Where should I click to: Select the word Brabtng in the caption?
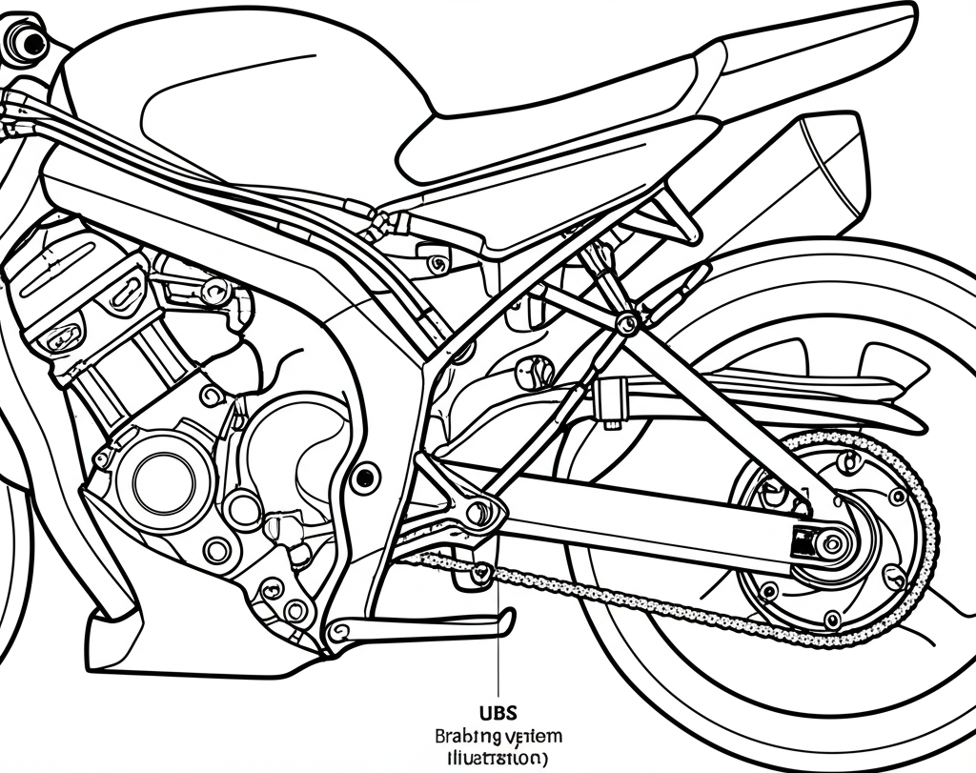(465, 736)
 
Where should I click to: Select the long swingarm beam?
(648, 521)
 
